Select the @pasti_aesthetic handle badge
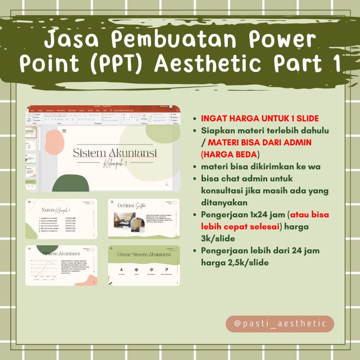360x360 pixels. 280,324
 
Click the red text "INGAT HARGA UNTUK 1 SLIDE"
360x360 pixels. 260,119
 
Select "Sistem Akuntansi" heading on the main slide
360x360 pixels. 115,153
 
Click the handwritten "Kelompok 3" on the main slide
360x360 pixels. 115,163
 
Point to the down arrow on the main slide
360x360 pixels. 166,183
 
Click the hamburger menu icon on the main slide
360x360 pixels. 64,131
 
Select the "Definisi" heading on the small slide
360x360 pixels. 126,206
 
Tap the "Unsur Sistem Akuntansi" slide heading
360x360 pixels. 144,255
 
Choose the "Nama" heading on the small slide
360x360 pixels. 48,210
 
